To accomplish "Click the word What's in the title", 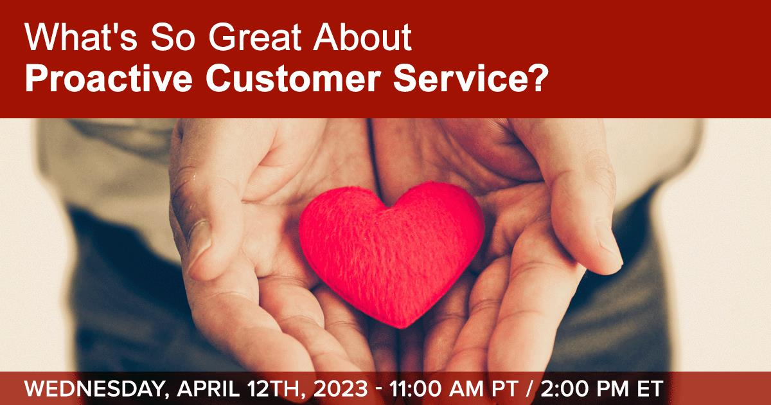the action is (81, 37).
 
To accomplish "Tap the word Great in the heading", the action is (254, 37).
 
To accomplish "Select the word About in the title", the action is (362, 37).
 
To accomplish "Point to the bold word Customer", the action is (293, 78).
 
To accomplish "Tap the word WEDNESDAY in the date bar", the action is (94, 388).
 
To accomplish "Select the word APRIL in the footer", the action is (208, 388).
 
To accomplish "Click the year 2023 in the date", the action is (341, 388).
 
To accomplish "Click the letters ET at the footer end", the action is (650, 388).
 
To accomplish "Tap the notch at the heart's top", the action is (388, 206).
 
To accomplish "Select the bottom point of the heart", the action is (402, 327).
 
